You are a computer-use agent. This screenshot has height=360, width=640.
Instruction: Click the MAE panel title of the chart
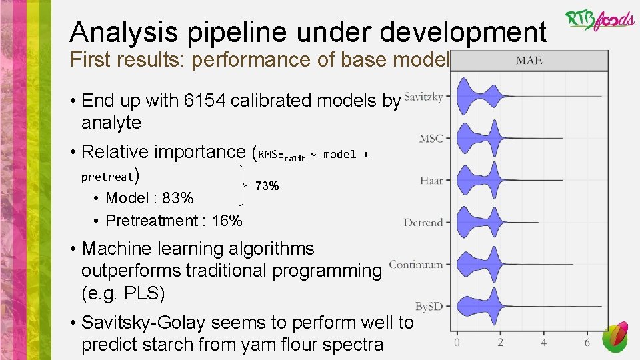[529, 61]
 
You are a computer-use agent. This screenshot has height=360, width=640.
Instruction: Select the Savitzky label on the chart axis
[423, 97]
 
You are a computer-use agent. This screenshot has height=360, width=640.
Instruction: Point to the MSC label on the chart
[431, 139]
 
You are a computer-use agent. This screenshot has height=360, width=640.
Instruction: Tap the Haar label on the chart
[431, 181]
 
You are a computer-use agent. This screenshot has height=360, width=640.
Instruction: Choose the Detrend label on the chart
[423, 223]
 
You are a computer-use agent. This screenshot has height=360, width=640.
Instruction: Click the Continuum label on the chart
[415, 265]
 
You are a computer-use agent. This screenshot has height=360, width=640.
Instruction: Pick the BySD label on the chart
[429, 307]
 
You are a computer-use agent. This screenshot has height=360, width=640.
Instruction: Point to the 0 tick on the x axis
[457, 343]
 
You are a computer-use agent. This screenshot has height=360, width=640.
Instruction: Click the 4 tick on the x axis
[544, 343]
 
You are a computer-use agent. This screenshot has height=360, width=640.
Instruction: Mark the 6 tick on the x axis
[587, 343]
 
